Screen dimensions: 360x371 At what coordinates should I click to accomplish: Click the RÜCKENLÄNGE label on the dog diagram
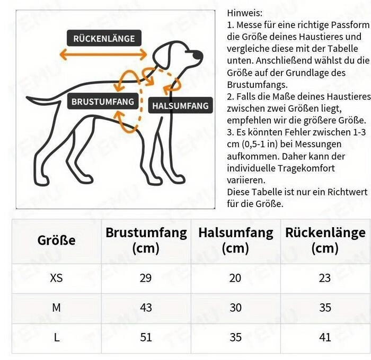[x=104, y=38]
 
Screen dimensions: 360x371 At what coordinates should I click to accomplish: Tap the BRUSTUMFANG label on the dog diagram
[x=103, y=101]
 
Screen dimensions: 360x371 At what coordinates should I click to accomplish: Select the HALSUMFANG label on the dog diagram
[x=180, y=106]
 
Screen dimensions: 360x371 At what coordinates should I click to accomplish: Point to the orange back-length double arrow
[x=103, y=54]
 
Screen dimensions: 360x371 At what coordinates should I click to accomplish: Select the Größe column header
[x=56, y=240]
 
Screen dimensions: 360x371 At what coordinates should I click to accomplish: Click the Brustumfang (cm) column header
[x=146, y=240]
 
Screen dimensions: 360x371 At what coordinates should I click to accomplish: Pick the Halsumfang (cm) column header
[x=235, y=240]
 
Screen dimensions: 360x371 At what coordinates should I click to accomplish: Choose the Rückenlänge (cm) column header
[x=325, y=240]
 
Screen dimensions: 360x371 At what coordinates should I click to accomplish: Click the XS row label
[x=56, y=278]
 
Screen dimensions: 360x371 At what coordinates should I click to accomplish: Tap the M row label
[x=56, y=308]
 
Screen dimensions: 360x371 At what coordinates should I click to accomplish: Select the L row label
[x=56, y=337]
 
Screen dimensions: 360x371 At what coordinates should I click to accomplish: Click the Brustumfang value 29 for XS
[x=146, y=278]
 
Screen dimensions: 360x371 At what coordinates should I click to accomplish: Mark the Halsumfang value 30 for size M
[x=235, y=308]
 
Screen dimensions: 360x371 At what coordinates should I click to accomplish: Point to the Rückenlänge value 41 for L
[x=325, y=337]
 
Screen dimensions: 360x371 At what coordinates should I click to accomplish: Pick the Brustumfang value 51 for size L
[x=146, y=337]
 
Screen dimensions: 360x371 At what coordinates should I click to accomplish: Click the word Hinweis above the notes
[x=244, y=12]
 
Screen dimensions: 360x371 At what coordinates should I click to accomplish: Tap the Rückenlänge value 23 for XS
[x=325, y=278]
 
